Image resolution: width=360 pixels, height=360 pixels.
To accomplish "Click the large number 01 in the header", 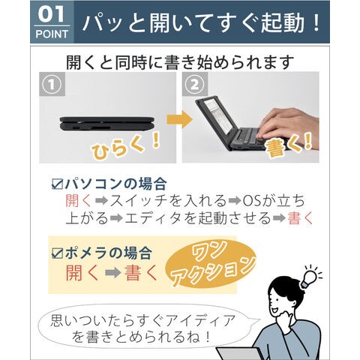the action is (x=51, y=14).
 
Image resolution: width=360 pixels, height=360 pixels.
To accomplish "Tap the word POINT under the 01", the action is (x=52, y=34).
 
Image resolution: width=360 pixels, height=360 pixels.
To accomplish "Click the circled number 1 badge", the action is (x=52, y=85).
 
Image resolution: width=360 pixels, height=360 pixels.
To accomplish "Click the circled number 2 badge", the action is (x=195, y=85).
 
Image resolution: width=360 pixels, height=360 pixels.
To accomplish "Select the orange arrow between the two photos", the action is (x=179, y=119).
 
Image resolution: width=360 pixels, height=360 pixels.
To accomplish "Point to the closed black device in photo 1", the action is (x=107, y=124).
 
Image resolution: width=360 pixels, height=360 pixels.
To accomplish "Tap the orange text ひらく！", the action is (x=126, y=147).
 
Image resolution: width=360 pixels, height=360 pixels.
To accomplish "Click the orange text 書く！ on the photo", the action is (x=289, y=145).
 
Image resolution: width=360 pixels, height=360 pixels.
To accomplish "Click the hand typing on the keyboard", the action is (x=287, y=126).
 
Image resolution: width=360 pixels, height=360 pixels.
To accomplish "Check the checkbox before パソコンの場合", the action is (x=57, y=184).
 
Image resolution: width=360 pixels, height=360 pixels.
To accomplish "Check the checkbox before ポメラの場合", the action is (x=57, y=253).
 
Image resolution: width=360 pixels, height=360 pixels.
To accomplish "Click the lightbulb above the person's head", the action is (x=309, y=277).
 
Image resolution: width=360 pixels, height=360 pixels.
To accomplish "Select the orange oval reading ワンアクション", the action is (x=211, y=265).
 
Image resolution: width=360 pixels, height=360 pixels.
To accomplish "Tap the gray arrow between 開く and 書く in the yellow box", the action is (x=113, y=272).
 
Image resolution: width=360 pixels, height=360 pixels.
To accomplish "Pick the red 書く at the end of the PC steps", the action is (x=300, y=218).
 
